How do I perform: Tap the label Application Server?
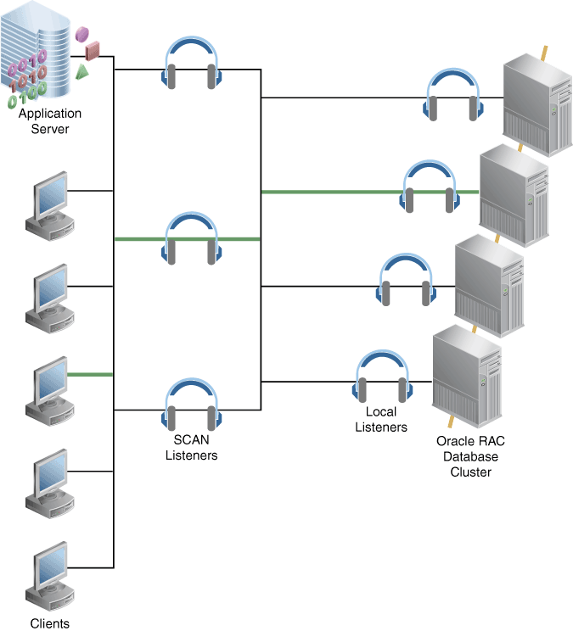[50, 121]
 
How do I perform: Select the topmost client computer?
[46, 203]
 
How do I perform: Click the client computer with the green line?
[46, 394]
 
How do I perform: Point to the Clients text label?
[49, 623]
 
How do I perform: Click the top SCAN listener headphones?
[192, 63]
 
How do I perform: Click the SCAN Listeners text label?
[191, 449]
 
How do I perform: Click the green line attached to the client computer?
[90, 374]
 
